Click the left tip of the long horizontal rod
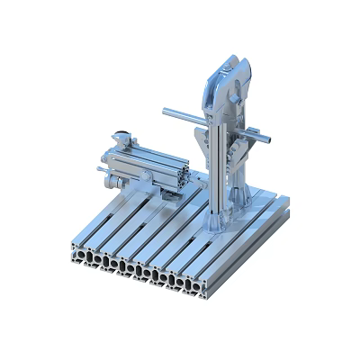tap(166, 112)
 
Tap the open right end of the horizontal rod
tap(275, 139)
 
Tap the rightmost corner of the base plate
tap(293, 210)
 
